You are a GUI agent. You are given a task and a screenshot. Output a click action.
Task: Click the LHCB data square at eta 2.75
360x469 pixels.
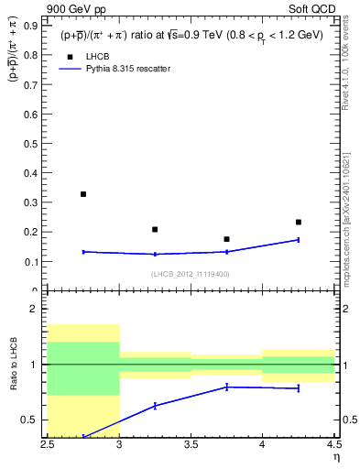[x=83, y=194]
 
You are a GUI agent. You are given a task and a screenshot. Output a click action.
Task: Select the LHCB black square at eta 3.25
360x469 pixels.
[x=155, y=229]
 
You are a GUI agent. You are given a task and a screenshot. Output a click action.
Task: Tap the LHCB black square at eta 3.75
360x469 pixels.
[x=226, y=239]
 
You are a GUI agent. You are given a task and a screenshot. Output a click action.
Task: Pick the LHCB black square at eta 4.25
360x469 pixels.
[x=298, y=222]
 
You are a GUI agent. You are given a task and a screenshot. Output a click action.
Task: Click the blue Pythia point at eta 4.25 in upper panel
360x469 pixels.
[x=298, y=240]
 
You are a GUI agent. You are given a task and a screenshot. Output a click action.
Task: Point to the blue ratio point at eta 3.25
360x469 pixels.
[x=155, y=405]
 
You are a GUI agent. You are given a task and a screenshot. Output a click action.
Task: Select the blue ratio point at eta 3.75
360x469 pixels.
[x=226, y=387]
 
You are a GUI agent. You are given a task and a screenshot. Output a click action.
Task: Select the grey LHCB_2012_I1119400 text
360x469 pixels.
[x=191, y=274]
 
